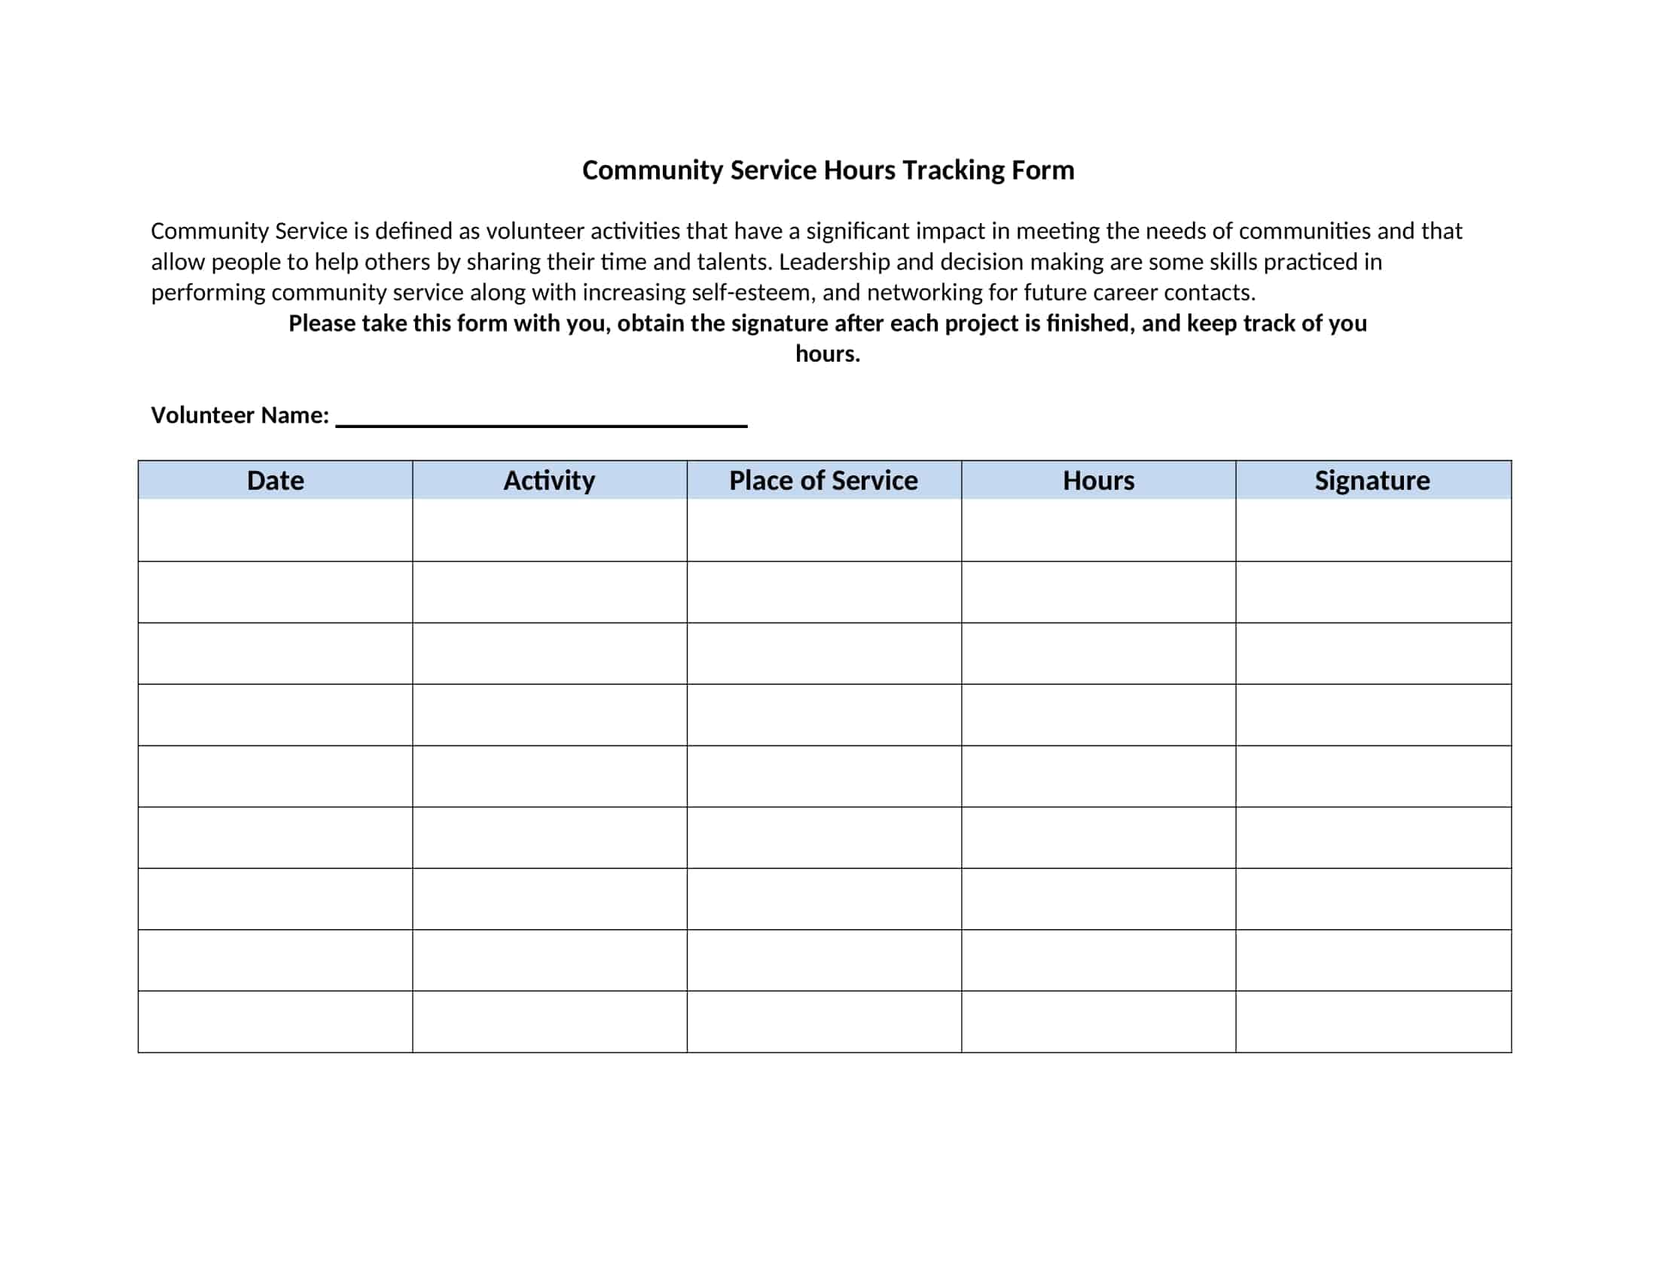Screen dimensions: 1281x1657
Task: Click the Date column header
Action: pyautogui.click(x=275, y=481)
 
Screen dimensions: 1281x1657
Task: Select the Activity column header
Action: pyautogui.click(x=549, y=481)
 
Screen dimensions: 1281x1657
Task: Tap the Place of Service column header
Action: pyautogui.click(x=823, y=481)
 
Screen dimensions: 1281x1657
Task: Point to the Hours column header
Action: pyautogui.click(x=1098, y=481)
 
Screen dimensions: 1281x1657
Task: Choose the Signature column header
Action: pyautogui.click(x=1372, y=481)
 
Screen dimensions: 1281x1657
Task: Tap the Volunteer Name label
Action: pyautogui.click(x=240, y=415)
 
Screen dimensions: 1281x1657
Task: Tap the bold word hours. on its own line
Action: pyautogui.click(x=828, y=353)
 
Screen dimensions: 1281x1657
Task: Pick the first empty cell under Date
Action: pyautogui.click(x=275, y=530)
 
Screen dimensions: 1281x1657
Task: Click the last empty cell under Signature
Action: pyautogui.click(x=1372, y=1021)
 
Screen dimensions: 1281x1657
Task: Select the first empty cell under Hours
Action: pyautogui.click(x=1098, y=530)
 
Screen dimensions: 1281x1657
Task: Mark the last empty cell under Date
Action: pyautogui.click(x=275, y=1021)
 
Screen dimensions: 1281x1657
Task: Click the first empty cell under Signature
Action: pyautogui.click(x=1372, y=530)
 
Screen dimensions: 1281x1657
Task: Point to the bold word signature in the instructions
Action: pyautogui.click(x=780, y=323)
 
